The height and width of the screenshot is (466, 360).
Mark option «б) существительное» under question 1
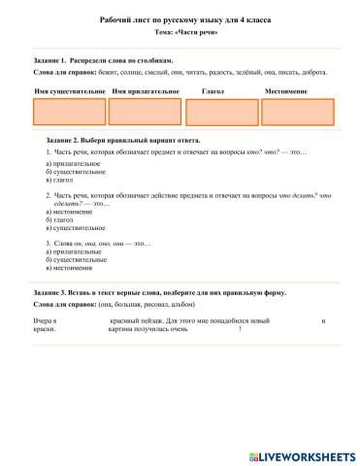click(76, 172)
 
